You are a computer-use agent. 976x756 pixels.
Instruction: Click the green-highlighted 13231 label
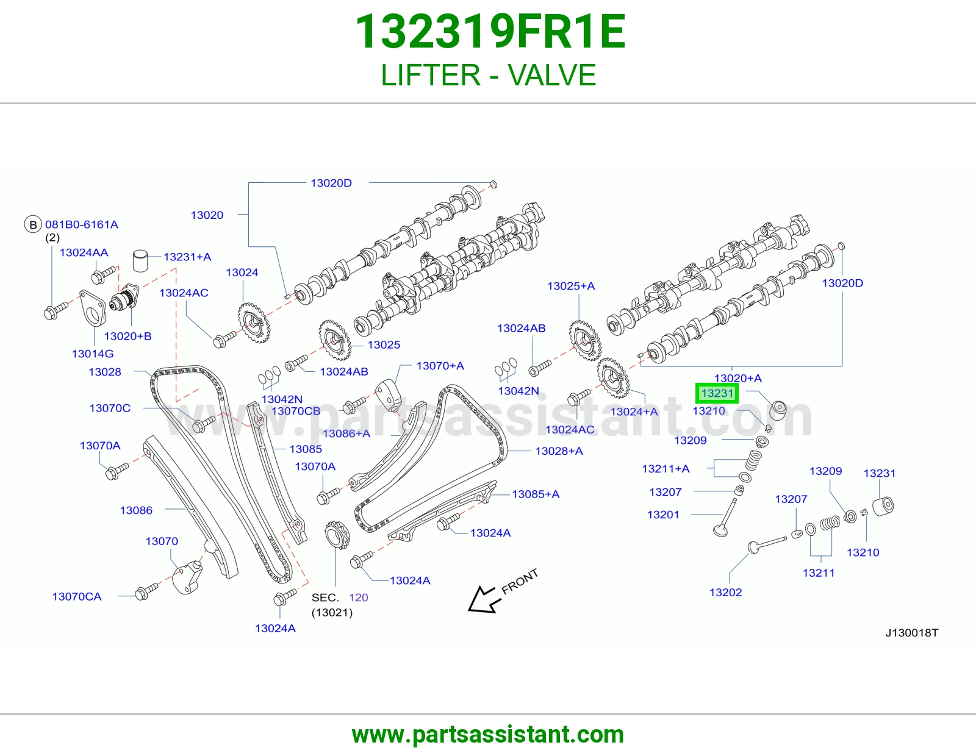[x=716, y=393]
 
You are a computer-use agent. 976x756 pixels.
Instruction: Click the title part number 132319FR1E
[x=490, y=32]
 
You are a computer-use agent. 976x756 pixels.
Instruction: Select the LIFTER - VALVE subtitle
[x=488, y=75]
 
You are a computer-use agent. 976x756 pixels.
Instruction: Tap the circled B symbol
[x=33, y=224]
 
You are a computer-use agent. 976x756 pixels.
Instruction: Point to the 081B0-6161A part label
[x=81, y=224]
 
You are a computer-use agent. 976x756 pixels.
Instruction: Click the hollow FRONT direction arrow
[x=483, y=599]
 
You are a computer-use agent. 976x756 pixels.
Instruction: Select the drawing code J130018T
[x=912, y=633]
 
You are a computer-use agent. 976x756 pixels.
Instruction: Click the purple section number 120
[x=359, y=597]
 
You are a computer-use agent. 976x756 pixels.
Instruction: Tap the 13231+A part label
[x=187, y=257]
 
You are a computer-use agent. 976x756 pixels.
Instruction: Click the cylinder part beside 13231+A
[x=140, y=260]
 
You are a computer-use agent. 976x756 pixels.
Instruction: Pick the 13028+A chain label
[x=559, y=451]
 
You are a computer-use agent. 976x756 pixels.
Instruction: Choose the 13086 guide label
[x=136, y=510]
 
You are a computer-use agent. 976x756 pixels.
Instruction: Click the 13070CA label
[x=77, y=597]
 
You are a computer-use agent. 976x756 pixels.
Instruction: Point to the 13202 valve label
[x=725, y=593]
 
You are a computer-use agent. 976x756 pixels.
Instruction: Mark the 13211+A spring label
[x=666, y=469]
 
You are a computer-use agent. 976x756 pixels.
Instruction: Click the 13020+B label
[x=128, y=337]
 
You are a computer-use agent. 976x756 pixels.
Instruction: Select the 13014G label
[x=93, y=354]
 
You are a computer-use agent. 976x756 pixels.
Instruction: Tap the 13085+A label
[x=536, y=494]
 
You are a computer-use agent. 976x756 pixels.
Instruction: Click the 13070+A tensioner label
[x=440, y=366]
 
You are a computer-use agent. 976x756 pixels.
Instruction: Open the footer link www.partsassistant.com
[x=488, y=735]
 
